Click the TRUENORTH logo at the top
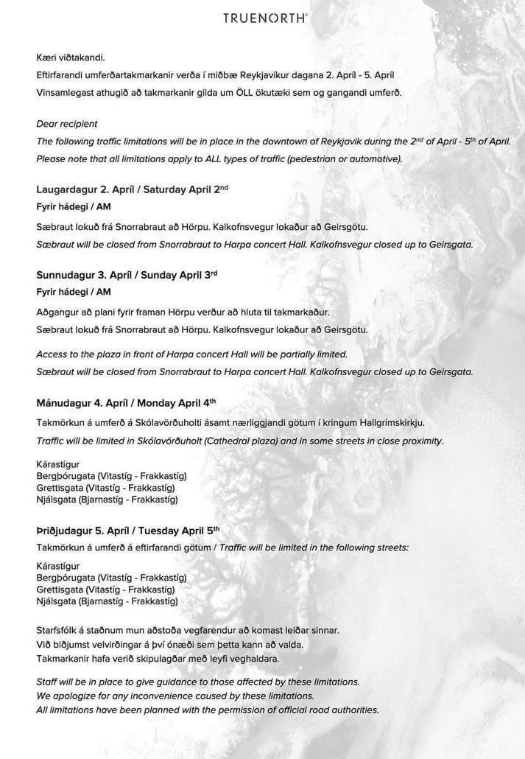pyautogui.click(x=265, y=18)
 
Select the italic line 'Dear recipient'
pyautogui.click(x=66, y=123)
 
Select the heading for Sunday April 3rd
pyautogui.click(x=127, y=275)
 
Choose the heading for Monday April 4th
pyautogui.click(x=126, y=403)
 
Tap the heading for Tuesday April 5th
pyautogui.click(x=128, y=530)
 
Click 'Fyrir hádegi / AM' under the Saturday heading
pyautogui.click(x=73, y=206)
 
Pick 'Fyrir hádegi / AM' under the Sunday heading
pyautogui.click(x=73, y=292)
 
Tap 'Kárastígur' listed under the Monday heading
pyautogui.click(x=58, y=465)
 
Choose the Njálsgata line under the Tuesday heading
pyautogui.click(x=107, y=601)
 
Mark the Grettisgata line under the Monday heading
pyautogui.click(x=111, y=488)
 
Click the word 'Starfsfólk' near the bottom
pyautogui.click(x=60, y=630)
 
